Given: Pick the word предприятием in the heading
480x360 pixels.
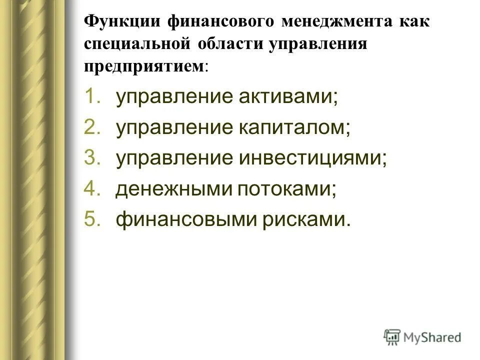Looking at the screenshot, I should point(144,66).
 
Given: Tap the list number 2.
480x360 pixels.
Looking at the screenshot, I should point(92,127).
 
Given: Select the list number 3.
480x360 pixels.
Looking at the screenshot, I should point(92,158).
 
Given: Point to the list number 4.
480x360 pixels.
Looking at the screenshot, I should point(92,189).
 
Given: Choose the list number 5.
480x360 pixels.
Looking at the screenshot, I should point(92,219).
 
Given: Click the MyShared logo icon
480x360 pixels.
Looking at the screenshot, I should point(392,336).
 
